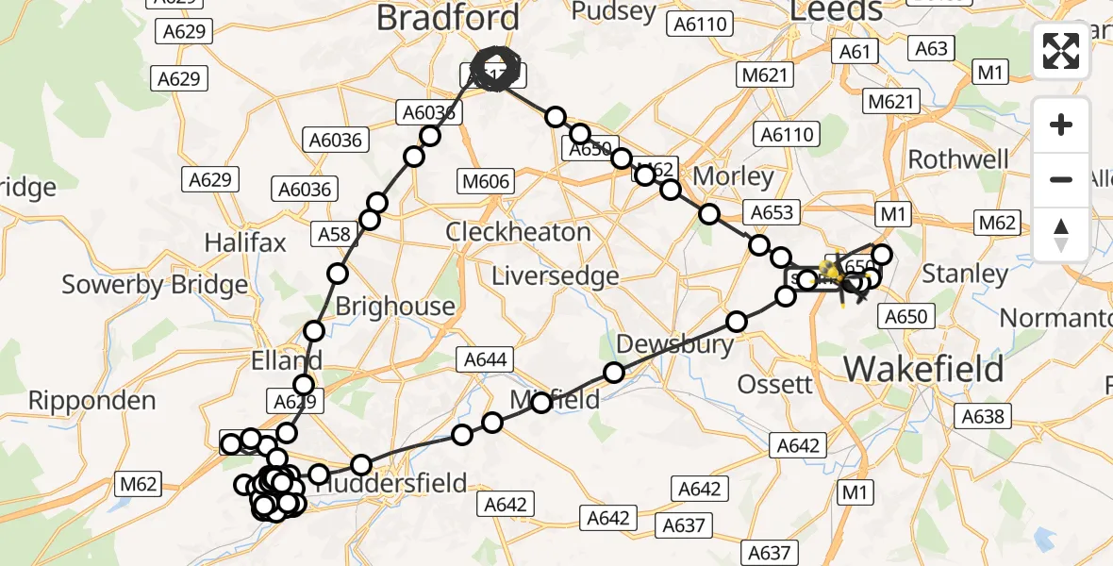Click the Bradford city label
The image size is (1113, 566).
pyautogui.click(x=447, y=17)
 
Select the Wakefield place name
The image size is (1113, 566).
pyautogui.click(x=923, y=369)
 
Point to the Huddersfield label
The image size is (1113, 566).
pyautogui.click(x=390, y=484)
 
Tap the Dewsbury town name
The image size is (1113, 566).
pyautogui.click(x=674, y=343)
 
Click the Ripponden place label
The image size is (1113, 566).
pyautogui.click(x=91, y=400)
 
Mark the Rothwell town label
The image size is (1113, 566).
pyautogui.click(x=958, y=158)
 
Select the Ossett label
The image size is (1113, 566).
pyautogui.click(x=774, y=384)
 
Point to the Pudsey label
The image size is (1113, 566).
pyautogui.click(x=613, y=11)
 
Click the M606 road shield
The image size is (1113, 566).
pyautogui.click(x=486, y=181)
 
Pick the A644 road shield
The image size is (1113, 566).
pyautogui.click(x=486, y=358)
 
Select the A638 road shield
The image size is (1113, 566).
pyautogui.click(x=983, y=415)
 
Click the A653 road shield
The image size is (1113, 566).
pyautogui.click(x=770, y=212)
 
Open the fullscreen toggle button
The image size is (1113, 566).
pyautogui.click(x=1061, y=51)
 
